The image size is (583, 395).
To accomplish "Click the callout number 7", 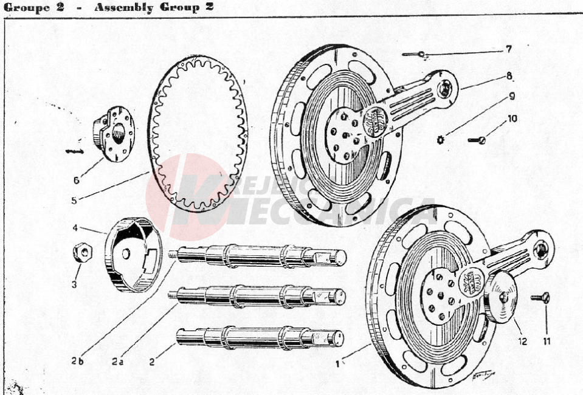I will [x=509, y=49].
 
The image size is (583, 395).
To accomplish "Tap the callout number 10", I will [x=512, y=118].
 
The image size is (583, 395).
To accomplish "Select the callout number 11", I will [x=547, y=341].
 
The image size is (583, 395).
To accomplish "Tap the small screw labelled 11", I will [x=540, y=298].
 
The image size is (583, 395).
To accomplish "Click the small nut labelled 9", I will [x=441, y=140].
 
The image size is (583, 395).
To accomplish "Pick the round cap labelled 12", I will [x=499, y=298].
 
